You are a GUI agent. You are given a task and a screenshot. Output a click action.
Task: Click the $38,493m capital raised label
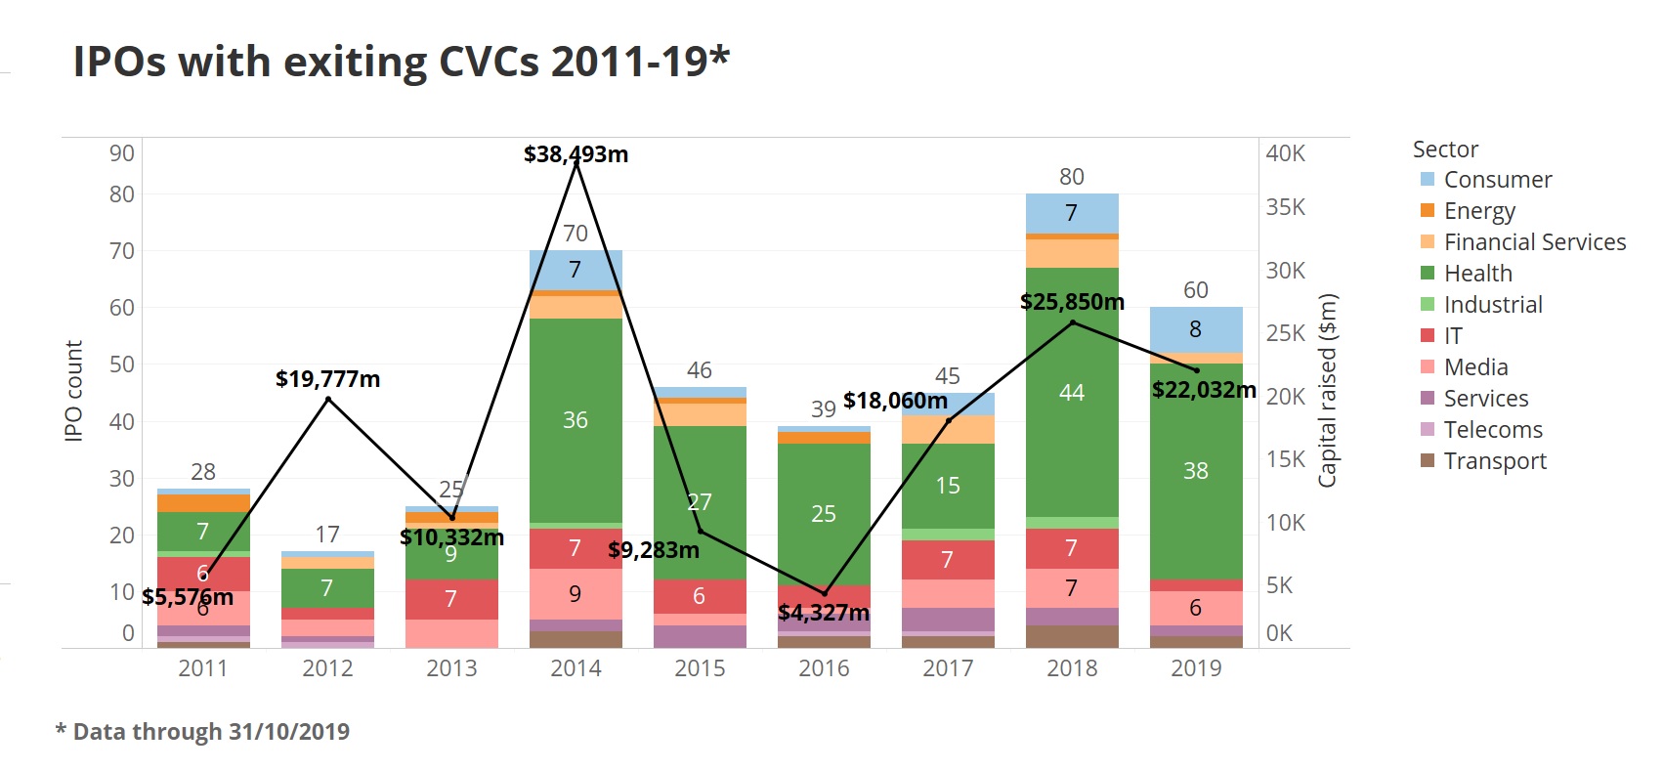[576, 154]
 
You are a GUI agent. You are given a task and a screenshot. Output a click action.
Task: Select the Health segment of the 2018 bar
[1072, 392]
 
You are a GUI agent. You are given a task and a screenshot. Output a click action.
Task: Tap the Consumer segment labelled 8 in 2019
[1196, 329]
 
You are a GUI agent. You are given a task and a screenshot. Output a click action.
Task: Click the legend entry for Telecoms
[1492, 430]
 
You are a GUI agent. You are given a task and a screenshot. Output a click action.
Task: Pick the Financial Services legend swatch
[1428, 242]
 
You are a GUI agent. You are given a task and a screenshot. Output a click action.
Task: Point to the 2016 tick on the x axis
[824, 668]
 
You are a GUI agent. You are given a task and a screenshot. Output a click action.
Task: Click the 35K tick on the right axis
[1285, 207]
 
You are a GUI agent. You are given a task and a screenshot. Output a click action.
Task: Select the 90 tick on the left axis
[122, 153]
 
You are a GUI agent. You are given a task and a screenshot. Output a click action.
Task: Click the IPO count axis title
[73, 391]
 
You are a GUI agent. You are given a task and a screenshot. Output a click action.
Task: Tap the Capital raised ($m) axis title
[1327, 391]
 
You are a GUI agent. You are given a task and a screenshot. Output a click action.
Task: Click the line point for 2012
[327, 399]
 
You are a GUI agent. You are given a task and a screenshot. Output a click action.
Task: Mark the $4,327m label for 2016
[823, 613]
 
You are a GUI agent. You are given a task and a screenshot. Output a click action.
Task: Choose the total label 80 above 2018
[1072, 177]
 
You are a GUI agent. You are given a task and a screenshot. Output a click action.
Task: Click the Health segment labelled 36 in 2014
[576, 420]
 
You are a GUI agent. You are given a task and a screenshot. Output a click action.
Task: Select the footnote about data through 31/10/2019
[203, 732]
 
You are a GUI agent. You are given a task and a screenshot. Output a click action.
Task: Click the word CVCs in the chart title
[489, 62]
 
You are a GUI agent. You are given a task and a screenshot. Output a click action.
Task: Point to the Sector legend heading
[1445, 150]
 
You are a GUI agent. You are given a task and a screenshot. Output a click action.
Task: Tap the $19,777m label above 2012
[327, 379]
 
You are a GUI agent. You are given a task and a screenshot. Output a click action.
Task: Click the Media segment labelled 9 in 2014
[576, 593]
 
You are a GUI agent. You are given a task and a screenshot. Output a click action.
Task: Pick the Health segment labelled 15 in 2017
[948, 486]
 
